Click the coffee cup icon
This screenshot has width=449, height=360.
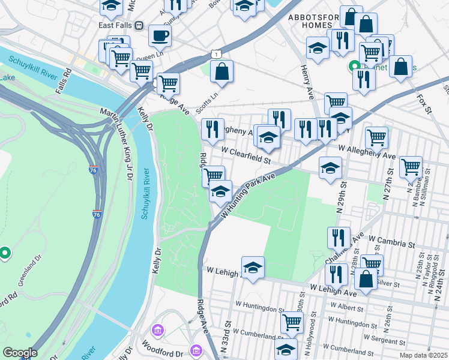[x=160, y=35]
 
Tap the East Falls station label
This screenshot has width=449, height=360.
[x=115, y=25]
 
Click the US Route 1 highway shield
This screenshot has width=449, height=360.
[x=215, y=54]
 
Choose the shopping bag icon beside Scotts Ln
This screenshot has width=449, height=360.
[x=221, y=71]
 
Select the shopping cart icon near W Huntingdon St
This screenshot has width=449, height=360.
[x=292, y=322]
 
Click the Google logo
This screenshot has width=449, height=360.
[x=19, y=353]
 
